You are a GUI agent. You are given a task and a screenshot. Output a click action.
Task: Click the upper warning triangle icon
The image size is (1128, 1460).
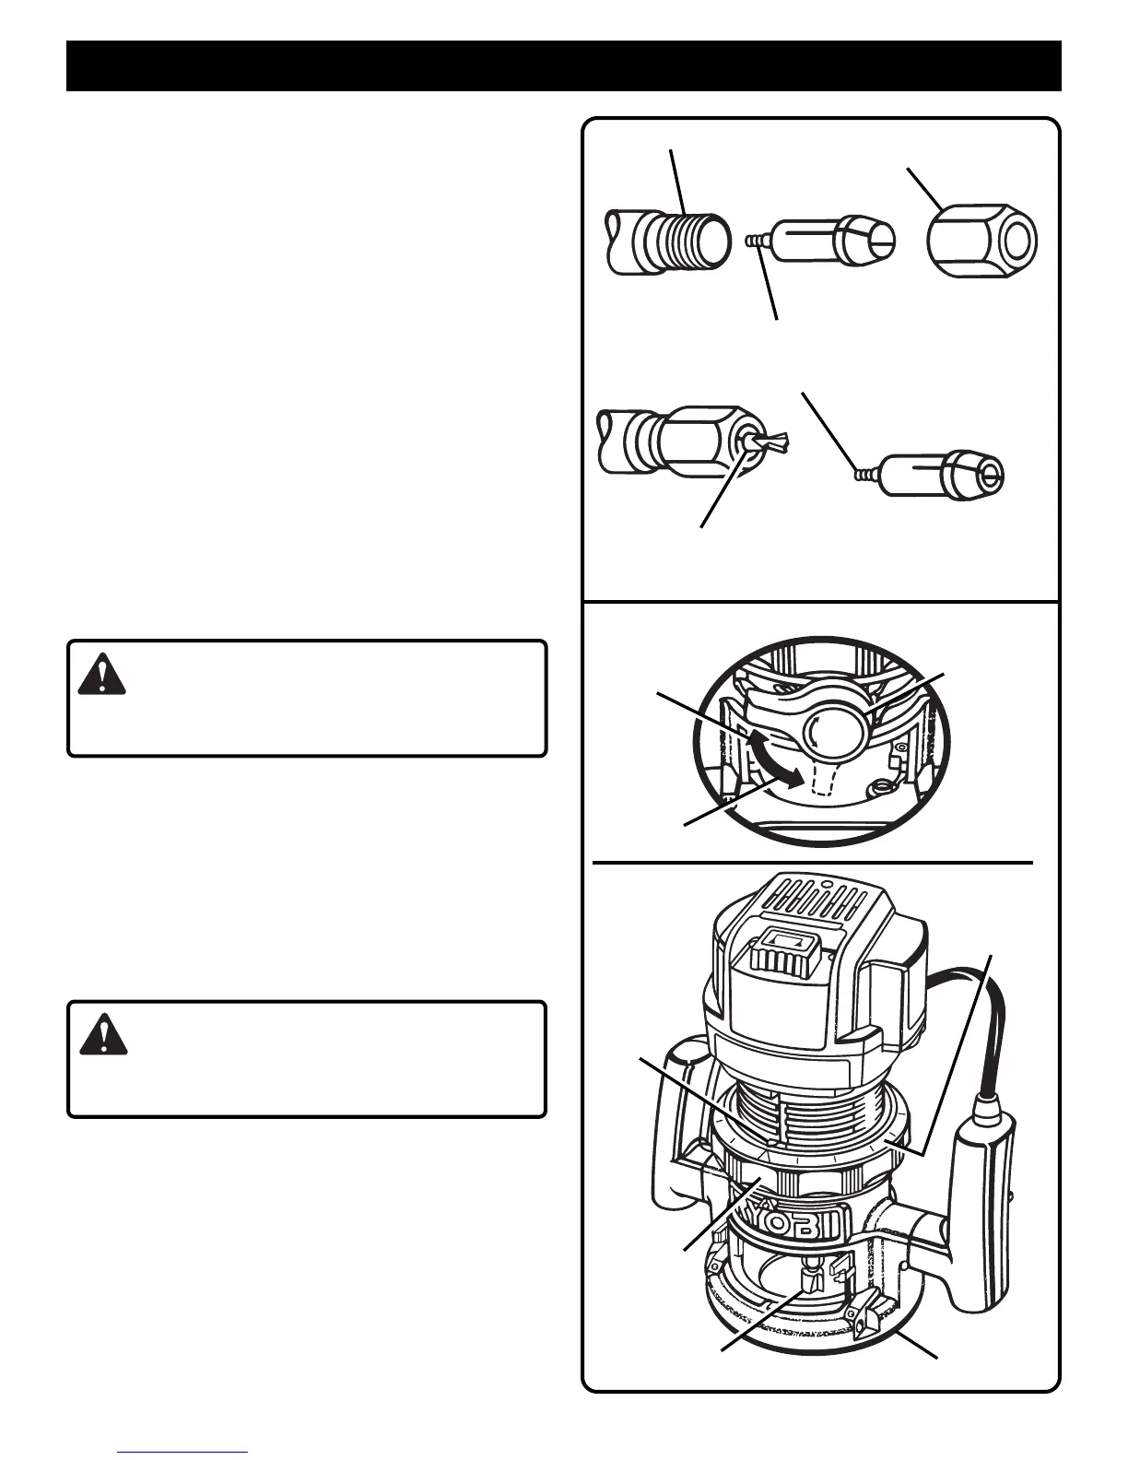pos(102,674)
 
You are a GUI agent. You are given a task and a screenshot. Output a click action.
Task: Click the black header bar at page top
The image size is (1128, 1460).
pos(563,65)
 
